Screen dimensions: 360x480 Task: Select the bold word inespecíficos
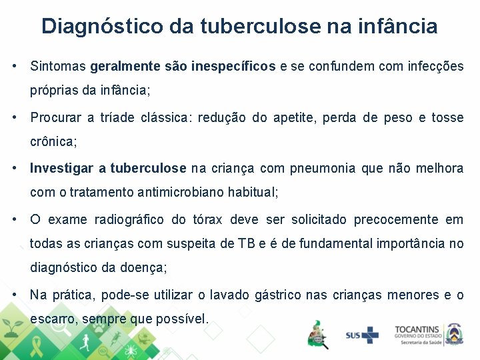(233, 67)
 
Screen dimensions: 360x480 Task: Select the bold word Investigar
(61, 169)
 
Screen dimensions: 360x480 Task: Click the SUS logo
(361, 335)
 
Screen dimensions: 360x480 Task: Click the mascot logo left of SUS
(317, 333)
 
